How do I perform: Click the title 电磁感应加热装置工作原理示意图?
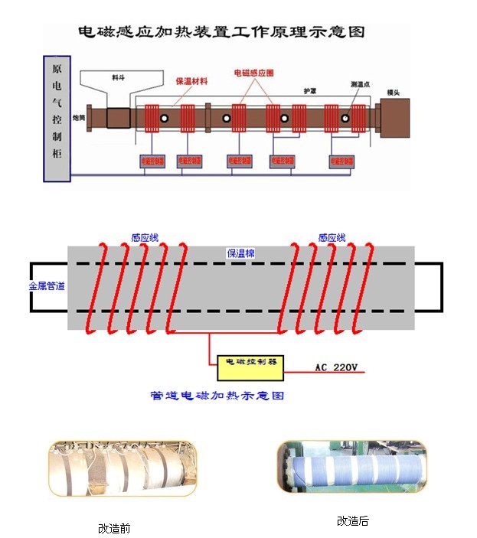pos(221,31)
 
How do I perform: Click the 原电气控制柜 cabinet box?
pos(57,119)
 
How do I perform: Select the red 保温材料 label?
pos(191,80)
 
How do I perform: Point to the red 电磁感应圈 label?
pos(253,73)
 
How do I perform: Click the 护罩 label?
pos(310,90)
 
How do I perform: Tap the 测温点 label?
pos(360,84)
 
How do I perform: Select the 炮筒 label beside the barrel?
pos(79,117)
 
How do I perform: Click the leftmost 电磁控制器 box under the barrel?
pos(152,161)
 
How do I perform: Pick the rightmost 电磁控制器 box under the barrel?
pos(341,161)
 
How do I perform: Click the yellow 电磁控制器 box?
pos(250,367)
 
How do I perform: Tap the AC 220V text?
pos(336,368)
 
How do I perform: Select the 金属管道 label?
pos(47,286)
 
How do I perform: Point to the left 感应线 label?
pos(145,238)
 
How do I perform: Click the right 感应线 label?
pos(332,238)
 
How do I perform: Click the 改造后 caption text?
pos(352,521)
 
